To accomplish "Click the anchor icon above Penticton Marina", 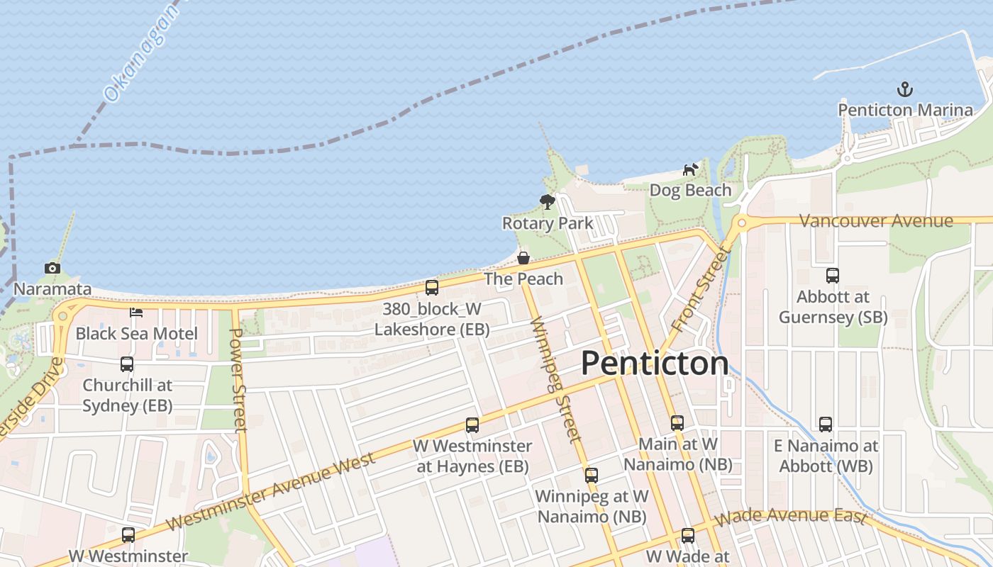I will click(904, 90).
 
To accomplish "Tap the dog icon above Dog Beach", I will click(690, 169).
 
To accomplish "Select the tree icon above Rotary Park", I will click(547, 202).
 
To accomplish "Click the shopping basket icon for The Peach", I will click(523, 258).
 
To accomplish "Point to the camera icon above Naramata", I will click(52, 268).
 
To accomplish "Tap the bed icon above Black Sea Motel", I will click(136, 312).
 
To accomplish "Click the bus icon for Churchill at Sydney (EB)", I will click(127, 364).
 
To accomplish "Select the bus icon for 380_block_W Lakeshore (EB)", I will click(431, 288).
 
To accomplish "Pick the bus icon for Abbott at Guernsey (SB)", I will click(833, 276).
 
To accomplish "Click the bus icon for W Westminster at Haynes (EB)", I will click(472, 425).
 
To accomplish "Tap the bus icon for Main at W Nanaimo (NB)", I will click(677, 423).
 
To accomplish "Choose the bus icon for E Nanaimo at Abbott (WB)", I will click(826, 425).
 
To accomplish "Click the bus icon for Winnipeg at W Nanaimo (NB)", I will click(592, 475).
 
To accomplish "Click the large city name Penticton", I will click(655, 364).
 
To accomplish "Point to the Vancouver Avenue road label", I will click(876, 221).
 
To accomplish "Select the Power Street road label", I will click(239, 379).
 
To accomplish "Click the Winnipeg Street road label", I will click(555, 379).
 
